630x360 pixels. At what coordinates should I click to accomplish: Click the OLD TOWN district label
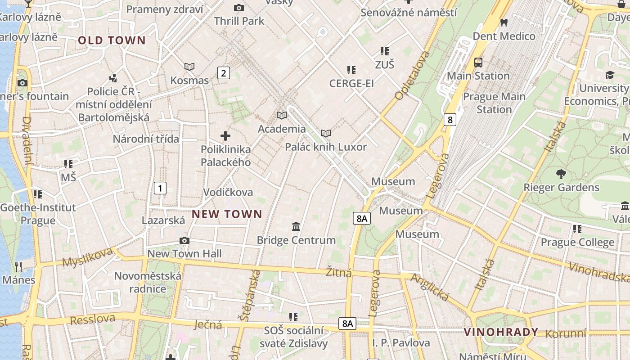click(x=112, y=40)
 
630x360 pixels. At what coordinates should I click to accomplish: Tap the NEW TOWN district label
click(x=227, y=214)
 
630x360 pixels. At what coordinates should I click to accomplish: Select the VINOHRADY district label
click(x=501, y=333)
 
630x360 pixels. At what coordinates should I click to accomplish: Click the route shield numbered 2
click(x=224, y=72)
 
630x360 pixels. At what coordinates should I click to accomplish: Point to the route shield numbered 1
click(x=160, y=188)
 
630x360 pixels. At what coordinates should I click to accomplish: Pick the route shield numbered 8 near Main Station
click(x=450, y=119)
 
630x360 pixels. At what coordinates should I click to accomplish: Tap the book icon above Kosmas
click(x=189, y=67)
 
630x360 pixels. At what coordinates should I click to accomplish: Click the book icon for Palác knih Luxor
click(x=326, y=133)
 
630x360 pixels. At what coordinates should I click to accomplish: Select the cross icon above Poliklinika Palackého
click(x=225, y=135)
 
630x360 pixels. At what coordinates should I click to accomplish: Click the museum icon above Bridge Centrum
click(x=296, y=226)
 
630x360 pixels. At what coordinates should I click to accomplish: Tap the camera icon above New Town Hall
click(x=184, y=240)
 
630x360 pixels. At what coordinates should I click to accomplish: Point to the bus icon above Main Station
click(x=478, y=63)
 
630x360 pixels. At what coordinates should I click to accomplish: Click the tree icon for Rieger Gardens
click(x=561, y=174)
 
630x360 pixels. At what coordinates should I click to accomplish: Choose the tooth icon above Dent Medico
click(x=504, y=22)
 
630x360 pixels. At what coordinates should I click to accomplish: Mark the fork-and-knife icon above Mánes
click(x=18, y=266)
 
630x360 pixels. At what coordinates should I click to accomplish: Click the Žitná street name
click(x=338, y=273)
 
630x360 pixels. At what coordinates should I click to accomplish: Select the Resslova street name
click(x=92, y=319)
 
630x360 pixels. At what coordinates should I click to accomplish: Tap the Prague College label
click(x=577, y=243)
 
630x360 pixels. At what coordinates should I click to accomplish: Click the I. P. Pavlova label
click(x=401, y=343)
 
